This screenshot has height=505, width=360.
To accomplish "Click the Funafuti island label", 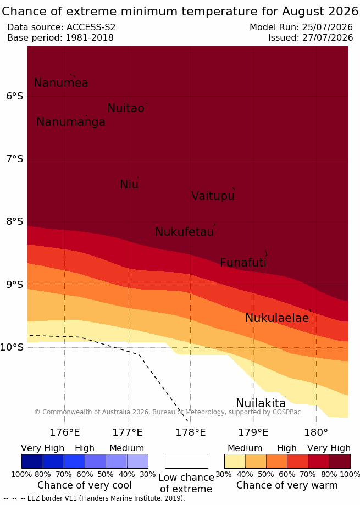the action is (x=243, y=263).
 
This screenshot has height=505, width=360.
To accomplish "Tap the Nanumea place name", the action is (x=61, y=83).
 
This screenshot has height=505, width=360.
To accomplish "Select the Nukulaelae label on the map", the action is (x=277, y=318).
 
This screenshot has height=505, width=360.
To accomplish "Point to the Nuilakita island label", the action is (x=261, y=403).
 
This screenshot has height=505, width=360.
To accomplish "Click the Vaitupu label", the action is (x=213, y=196).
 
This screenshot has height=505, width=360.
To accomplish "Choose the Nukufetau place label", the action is (x=185, y=231).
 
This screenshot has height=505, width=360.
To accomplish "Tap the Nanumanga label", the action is (x=71, y=122).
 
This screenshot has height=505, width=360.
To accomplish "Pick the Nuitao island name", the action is (x=126, y=108).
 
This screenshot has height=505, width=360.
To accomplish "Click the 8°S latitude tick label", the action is (x=14, y=221).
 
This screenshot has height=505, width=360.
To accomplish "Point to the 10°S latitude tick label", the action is (x=12, y=347).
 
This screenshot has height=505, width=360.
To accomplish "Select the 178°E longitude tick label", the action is (x=190, y=432).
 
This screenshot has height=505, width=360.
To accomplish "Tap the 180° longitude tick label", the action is (x=316, y=432).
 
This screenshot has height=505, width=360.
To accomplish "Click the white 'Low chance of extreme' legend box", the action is (x=186, y=461).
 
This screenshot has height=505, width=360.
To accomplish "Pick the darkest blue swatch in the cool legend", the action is (x=32, y=461).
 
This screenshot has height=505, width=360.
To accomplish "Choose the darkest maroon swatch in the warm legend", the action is (x=340, y=461).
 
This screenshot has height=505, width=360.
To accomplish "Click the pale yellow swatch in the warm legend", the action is (x=235, y=461).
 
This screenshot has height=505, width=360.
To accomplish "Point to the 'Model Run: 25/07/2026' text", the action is (x=301, y=27).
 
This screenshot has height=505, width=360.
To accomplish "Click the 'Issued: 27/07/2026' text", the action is (x=311, y=38).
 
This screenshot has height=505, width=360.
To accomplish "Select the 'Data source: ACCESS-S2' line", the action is (x=61, y=27).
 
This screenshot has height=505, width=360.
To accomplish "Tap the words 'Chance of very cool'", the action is (x=84, y=485).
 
